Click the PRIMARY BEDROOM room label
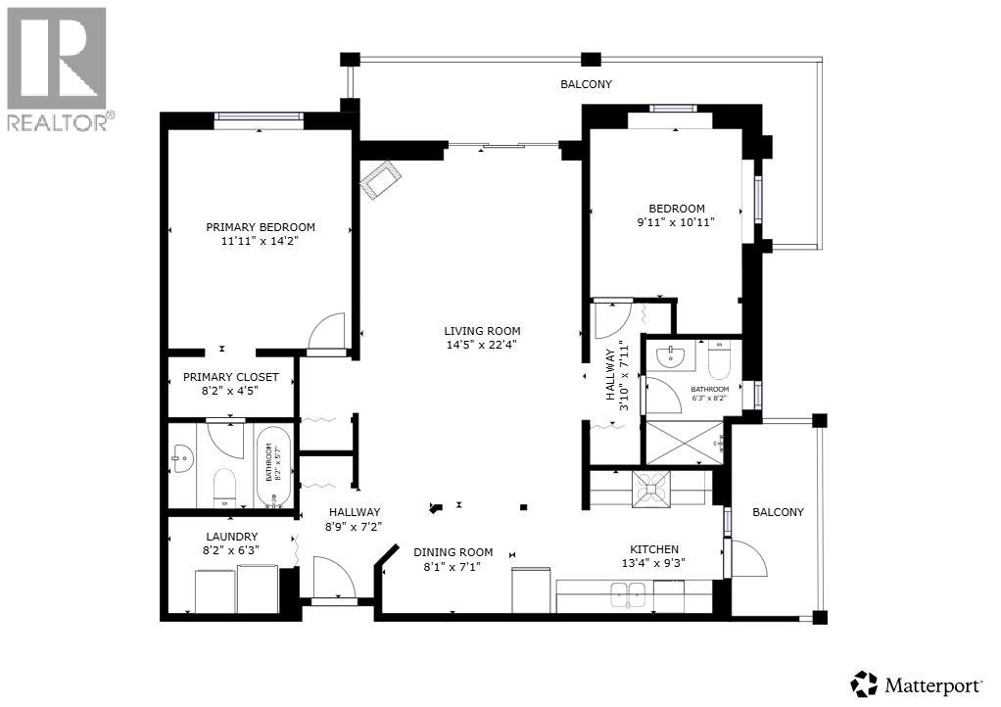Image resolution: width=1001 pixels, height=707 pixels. point(260,227)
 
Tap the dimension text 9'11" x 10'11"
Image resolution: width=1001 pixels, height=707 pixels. point(677,222)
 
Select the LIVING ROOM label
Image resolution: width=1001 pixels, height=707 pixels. point(482,331)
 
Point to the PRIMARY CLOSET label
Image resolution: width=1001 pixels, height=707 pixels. point(231,377)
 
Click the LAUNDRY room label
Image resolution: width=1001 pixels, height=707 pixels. point(231,537)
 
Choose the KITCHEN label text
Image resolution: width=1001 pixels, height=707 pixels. point(654,549)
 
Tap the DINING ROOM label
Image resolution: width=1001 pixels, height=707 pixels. point(453,552)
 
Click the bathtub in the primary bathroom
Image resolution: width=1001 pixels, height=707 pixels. point(274,466)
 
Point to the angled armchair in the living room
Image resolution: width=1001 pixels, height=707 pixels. point(380,181)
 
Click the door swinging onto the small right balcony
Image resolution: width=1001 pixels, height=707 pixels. point(748,560)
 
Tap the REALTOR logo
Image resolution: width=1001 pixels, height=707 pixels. point(59,69)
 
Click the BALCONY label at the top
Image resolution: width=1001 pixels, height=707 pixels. point(586,84)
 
